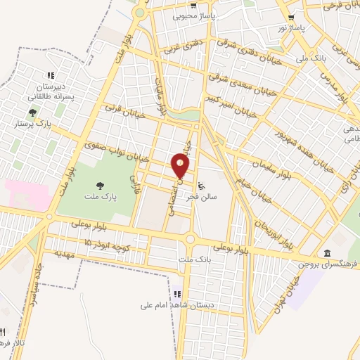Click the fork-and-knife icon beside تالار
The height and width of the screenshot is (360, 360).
(3, 333)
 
